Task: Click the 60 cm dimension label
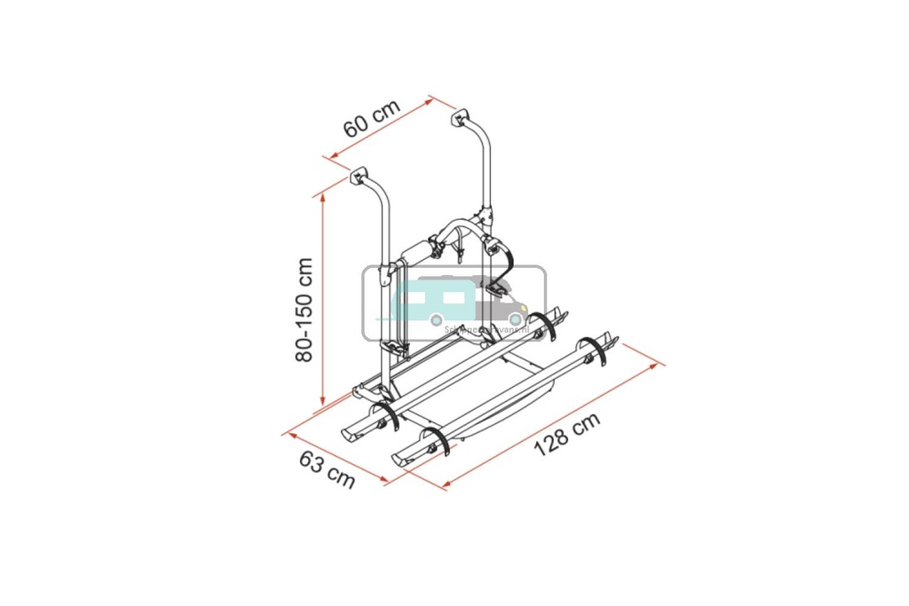click(372, 117)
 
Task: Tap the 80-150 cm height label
click(304, 309)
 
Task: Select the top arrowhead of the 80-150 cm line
click(323, 197)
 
